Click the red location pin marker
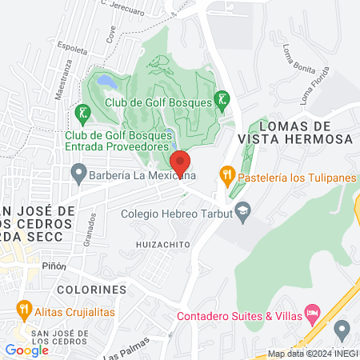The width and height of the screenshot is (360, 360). pos(180,163)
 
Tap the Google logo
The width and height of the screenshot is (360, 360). pos(26,350)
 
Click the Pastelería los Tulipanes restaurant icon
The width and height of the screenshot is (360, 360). pos(227,174)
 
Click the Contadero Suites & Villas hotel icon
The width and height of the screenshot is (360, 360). pos(312,314)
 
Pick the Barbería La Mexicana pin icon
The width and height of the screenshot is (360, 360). pos(78,171)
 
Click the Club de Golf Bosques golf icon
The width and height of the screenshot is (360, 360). pos(223,100)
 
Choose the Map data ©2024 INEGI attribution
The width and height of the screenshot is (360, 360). pos(313,354)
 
